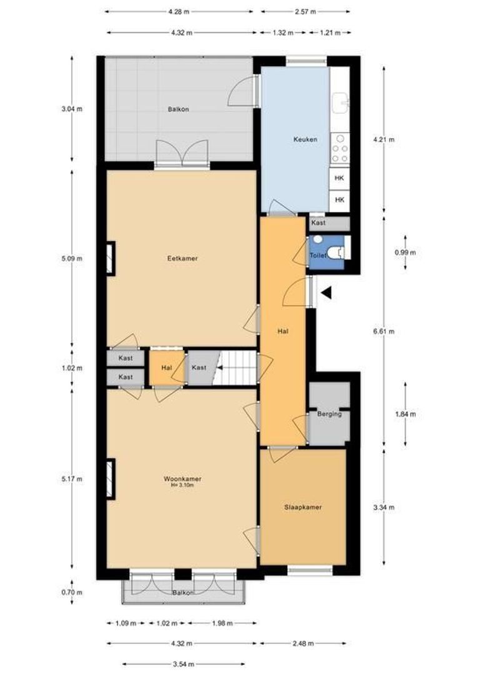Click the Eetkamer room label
pyautogui.click(x=182, y=258)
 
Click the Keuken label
pyautogui.click(x=305, y=139)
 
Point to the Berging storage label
pyautogui.click(x=329, y=414)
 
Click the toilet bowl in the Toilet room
pyautogui.click(x=338, y=251)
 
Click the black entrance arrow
pyautogui.click(x=326, y=292)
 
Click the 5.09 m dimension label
pyautogui.click(x=72, y=258)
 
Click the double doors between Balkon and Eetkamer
pyautogui.click(x=182, y=153)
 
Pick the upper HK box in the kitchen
pyautogui.click(x=340, y=178)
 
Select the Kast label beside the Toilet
pyautogui.click(x=318, y=222)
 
